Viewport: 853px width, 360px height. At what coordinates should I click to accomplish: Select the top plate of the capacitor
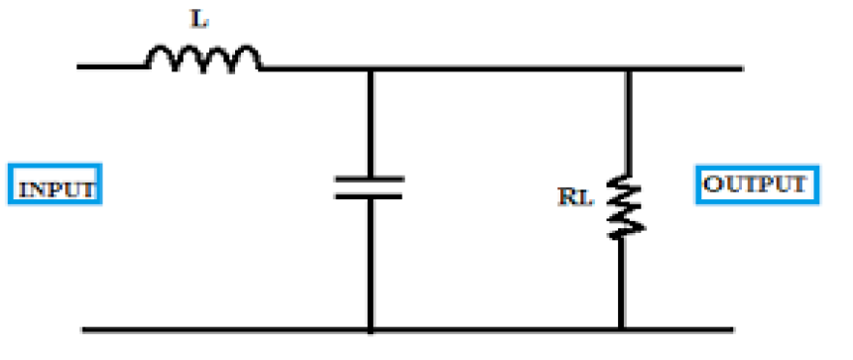coord(369,179)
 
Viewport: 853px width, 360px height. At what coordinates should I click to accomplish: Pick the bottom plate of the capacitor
coord(369,195)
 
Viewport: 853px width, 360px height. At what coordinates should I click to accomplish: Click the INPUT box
coord(56,186)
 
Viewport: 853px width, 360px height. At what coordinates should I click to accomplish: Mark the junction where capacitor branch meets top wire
coord(369,68)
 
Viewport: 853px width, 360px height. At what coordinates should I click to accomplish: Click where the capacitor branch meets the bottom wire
coord(369,328)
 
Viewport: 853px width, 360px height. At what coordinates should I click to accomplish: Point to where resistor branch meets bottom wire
coord(623,328)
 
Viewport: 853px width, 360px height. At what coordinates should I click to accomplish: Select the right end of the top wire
coord(740,68)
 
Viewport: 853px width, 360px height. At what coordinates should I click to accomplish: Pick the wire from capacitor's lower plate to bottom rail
coord(369,263)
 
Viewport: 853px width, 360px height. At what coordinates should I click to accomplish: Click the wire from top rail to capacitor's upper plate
coord(369,124)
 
